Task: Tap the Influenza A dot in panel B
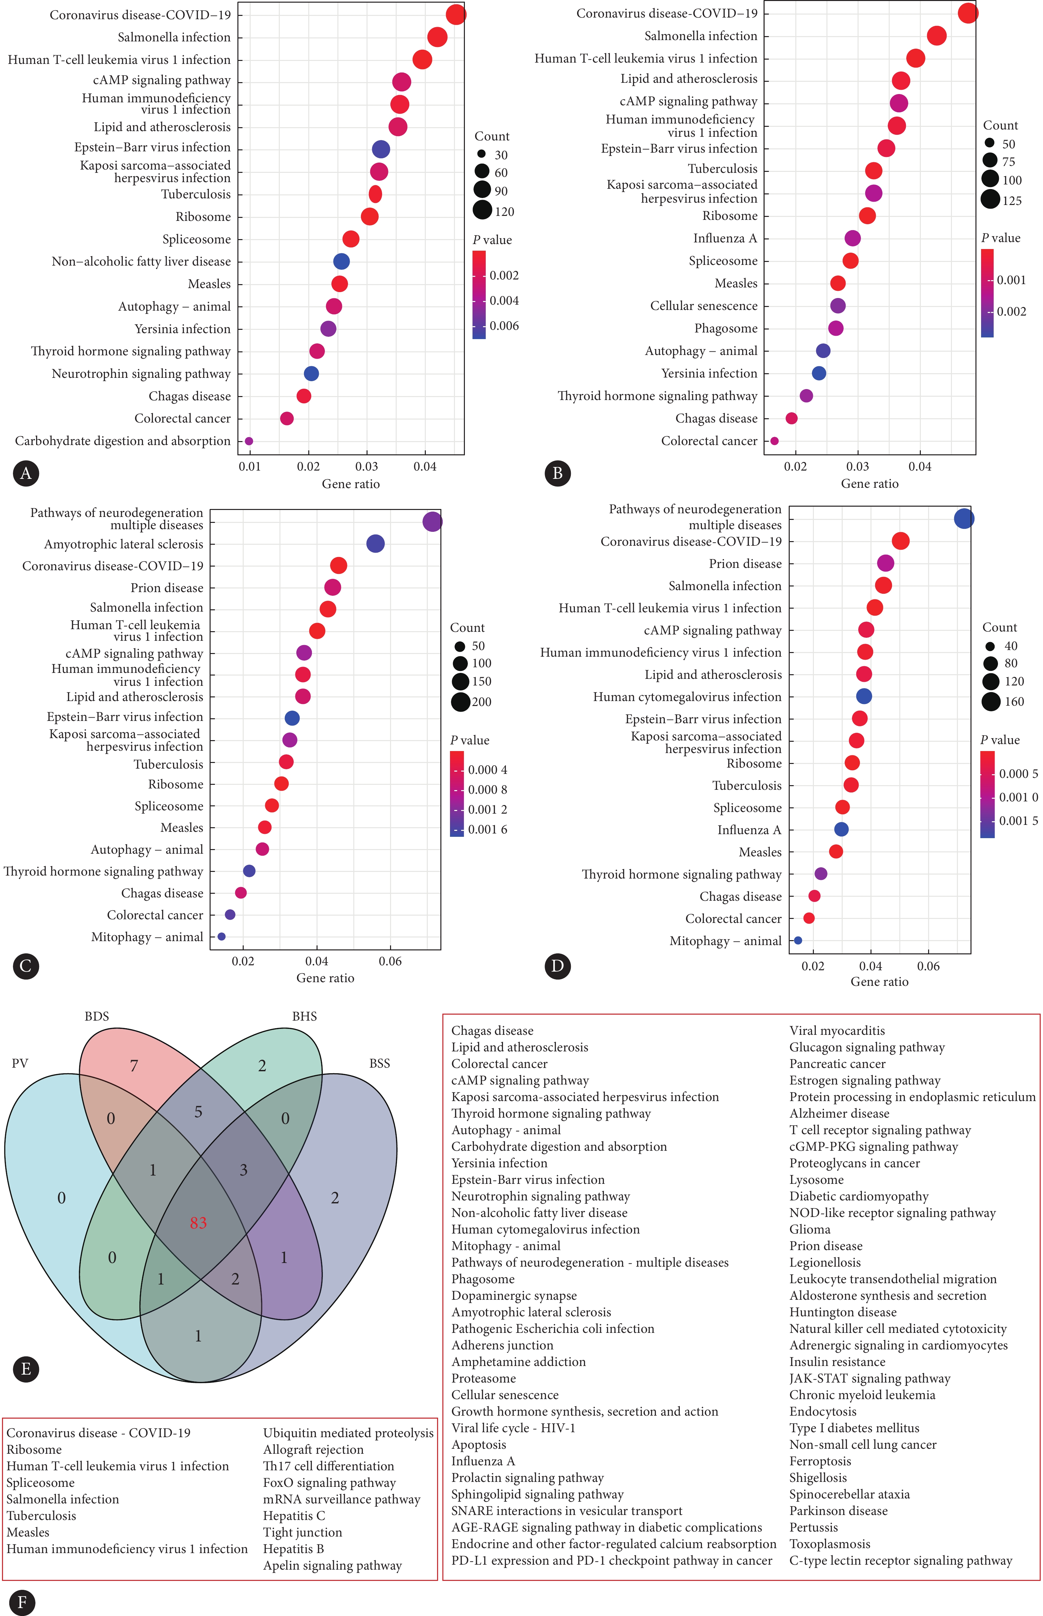coord(853,238)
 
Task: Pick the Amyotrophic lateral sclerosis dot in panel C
coord(375,543)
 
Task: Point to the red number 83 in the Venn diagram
coord(198,1223)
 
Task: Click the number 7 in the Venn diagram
coord(134,1066)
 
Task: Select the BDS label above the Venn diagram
coord(97,1016)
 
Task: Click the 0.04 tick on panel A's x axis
coord(424,467)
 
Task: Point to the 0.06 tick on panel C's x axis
coord(390,961)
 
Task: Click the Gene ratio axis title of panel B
coord(869,483)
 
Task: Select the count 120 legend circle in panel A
coord(482,211)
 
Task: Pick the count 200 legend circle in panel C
coord(461,702)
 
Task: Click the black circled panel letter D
coord(557,966)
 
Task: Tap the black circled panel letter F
coord(23,1602)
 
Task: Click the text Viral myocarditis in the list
coord(837,1030)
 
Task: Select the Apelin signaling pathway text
coord(332,1565)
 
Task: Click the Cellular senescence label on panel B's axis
coord(704,305)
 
